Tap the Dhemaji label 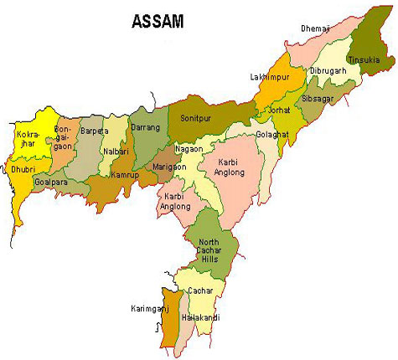point(316,29)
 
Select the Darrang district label point(145,127)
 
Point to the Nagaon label point(189,149)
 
